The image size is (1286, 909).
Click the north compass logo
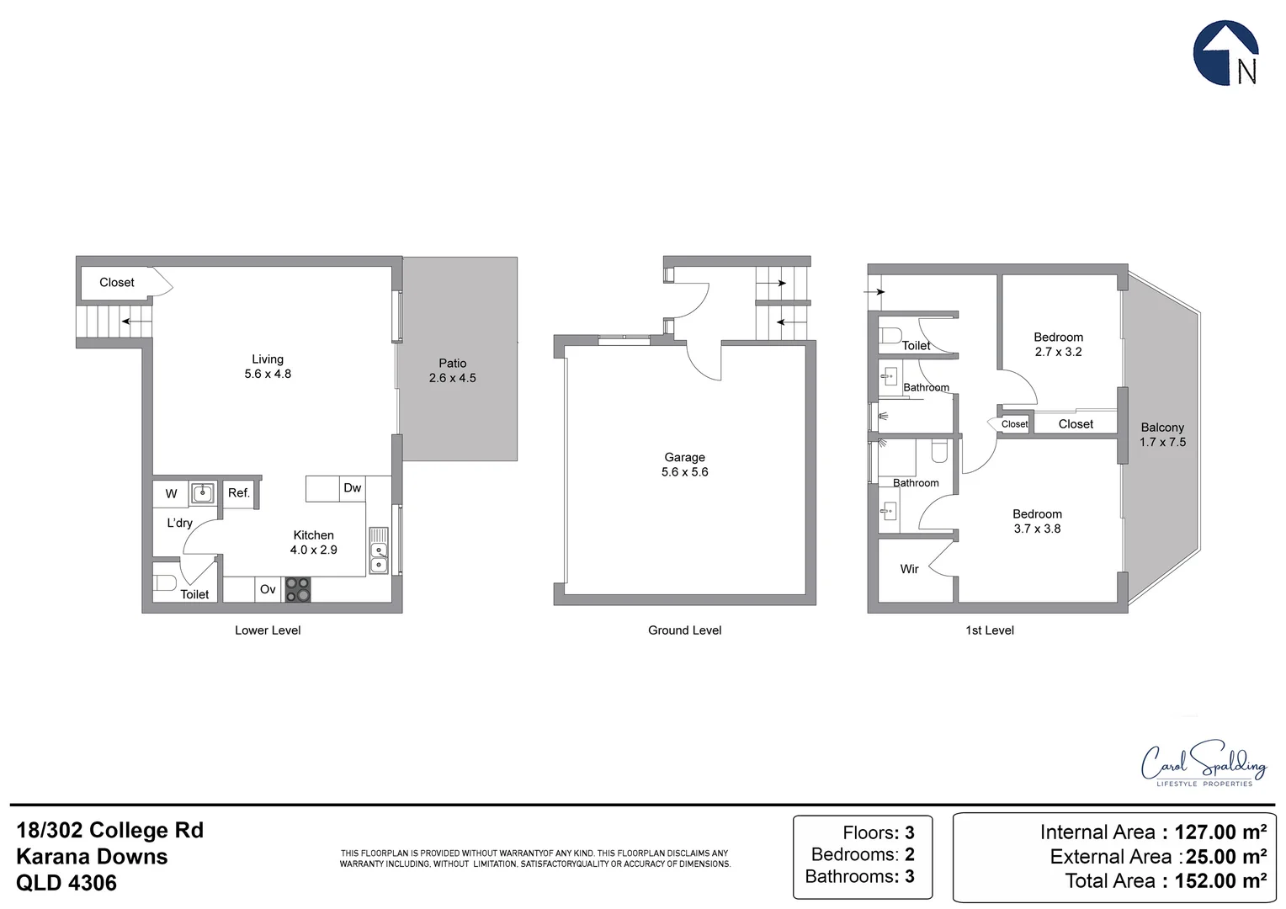[1226, 54]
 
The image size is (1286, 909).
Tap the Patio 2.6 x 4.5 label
[452, 370]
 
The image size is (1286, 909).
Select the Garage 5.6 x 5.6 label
[684, 465]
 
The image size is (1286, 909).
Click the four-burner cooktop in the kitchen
[298, 589]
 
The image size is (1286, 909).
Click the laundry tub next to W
[202, 493]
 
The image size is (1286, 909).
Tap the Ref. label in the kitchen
[239, 493]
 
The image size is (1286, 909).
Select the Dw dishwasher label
[352, 488]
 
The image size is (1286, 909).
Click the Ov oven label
[268, 589]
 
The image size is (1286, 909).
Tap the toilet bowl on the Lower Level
[165, 582]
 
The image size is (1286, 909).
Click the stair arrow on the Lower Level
[130, 321]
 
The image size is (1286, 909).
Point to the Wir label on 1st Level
[909, 569]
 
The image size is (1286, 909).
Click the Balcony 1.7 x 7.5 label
[1162, 434]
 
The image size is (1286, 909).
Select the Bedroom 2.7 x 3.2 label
[1058, 344]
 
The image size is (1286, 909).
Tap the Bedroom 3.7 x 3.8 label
[1037, 521]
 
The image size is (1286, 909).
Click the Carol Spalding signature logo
[1204, 764]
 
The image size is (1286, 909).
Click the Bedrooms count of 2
[909, 854]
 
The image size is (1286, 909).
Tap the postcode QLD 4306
[66, 883]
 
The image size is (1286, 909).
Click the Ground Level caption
[684, 630]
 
